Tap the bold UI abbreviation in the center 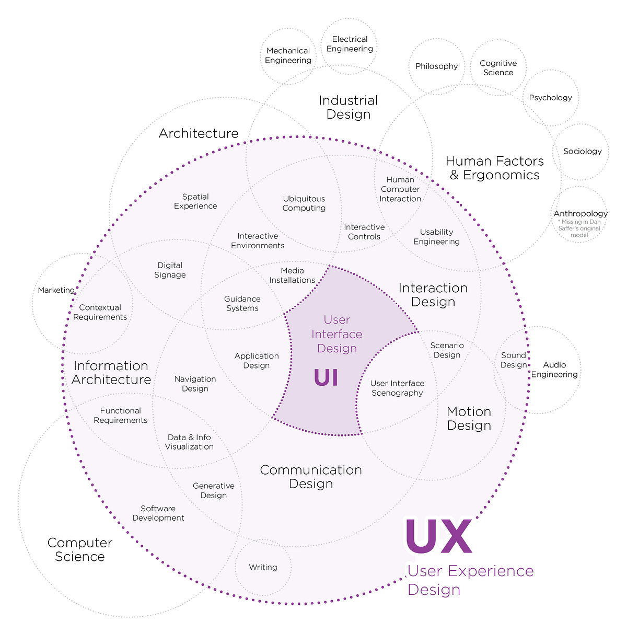click(x=326, y=377)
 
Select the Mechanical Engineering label click(x=288, y=55)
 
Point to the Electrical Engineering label click(x=350, y=44)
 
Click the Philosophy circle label click(x=436, y=66)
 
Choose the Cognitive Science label click(x=498, y=68)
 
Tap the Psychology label click(x=550, y=98)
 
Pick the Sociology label click(x=582, y=151)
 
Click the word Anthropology click(x=580, y=213)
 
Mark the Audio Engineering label click(x=554, y=370)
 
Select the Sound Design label click(x=514, y=360)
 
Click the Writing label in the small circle click(x=263, y=567)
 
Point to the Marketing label click(x=56, y=290)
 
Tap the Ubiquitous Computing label click(x=304, y=203)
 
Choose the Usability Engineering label click(x=436, y=237)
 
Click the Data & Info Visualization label click(x=189, y=442)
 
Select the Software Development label click(x=158, y=513)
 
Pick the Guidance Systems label click(x=242, y=304)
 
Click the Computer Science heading click(x=80, y=550)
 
